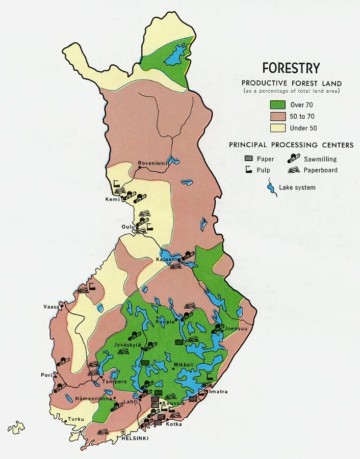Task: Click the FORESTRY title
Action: pyautogui.click(x=291, y=68)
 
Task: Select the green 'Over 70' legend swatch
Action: pyautogui.click(x=277, y=105)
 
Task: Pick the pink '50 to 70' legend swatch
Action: pyautogui.click(x=277, y=116)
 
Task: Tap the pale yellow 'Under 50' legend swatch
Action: pyautogui.click(x=277, y=128)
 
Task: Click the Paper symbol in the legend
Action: pyautogui.click(x=249, y=159)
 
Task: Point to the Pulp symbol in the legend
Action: pyautogui.click(x=249, y=171)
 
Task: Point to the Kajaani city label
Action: pyautogui.click(x=166, y=260)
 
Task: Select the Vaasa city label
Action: pyautogui.click(x=51, y=307)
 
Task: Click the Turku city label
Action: pyautogui.click(x=76, y=419)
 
